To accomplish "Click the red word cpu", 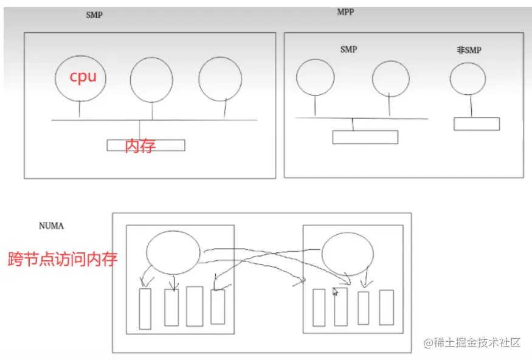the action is tap(83, 77).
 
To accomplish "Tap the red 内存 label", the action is tap(140, 145).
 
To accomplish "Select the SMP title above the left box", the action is tap(94, 15).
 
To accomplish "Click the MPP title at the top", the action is tap(345, 12).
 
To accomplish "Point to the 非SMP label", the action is tap(469, 50).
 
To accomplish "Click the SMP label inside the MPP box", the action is tap(348, 49).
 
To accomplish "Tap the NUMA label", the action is tap(51, 226).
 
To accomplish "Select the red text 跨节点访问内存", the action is tap(63, 259).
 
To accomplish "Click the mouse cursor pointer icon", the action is tap(335, 292).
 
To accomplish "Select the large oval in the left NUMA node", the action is tap(147, 253).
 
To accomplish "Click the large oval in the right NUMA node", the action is tap(322, 254).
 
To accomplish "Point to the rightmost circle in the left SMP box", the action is tap(199, 79).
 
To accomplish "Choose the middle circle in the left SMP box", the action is tap(131, 80).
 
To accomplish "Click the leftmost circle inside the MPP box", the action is tap(297, 77).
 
